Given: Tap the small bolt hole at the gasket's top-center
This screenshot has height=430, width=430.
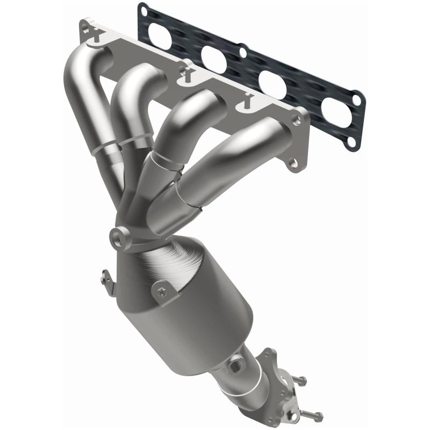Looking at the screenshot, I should (x=242, y=53).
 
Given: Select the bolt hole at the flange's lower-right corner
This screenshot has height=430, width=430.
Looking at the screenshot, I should (x=293, y=163).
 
